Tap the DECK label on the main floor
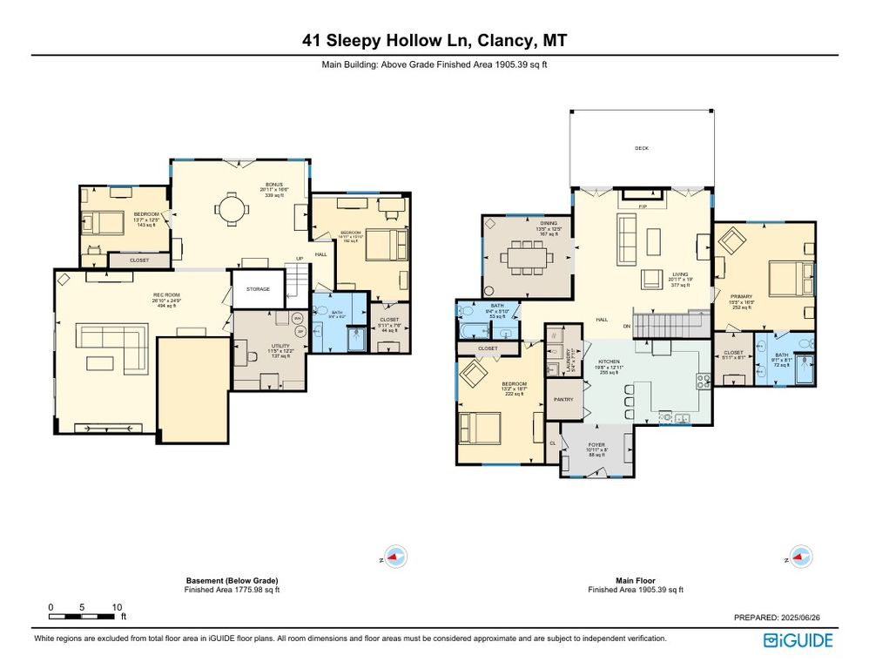(641, 149)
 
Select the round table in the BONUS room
(232, 208)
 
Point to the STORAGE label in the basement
(258, 289)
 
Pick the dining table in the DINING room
(529, 259)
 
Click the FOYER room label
(596, 445)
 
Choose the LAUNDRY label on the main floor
(568, 362)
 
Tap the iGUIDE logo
(798, 640)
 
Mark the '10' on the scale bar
(116, 607)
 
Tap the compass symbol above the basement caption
(395, 557)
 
